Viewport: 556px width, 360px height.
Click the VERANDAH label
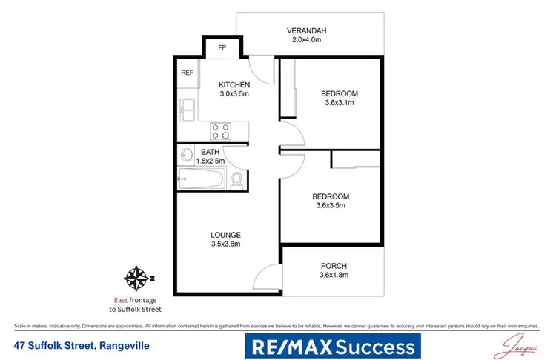coord(306,30)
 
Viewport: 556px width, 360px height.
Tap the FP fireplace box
coord(222,48)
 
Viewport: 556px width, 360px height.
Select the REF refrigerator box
coord(186,73)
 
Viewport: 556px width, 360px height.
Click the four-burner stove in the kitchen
coord(220,130)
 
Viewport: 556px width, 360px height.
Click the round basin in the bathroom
coord(185,156)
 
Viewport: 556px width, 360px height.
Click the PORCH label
coord(334,266)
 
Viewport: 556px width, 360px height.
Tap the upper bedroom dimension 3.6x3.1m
coord(340,104)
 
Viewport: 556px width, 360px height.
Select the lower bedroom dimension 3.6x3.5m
coord(330,207)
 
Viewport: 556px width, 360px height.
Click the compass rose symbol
coord(136,279)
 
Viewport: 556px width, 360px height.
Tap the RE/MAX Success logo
coord(332,346)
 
